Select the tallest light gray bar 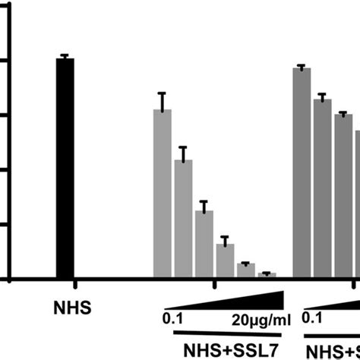coord(162,194)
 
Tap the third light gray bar coord(204,244)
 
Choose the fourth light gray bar coord(225,261)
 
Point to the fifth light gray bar coord(245,270)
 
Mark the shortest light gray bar coord(267,274)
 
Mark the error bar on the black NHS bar coord(65,56)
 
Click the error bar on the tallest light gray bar coord(162,99)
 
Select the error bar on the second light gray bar coord(183,153)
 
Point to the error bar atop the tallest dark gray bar coord(302,66)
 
